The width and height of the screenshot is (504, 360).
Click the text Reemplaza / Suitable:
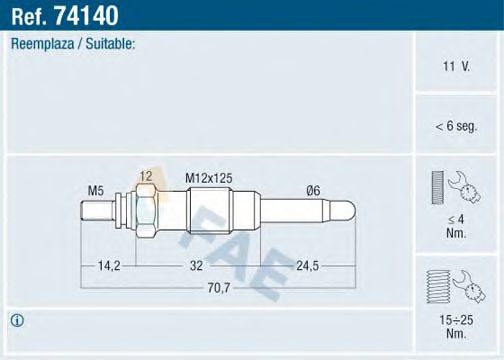pos(72,44)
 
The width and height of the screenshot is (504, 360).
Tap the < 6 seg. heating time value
pos(457,127)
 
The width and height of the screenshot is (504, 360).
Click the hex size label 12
pos(146,176)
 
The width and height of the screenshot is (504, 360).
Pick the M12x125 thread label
pos(209,177)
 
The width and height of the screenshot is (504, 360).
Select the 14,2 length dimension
pos(110,266)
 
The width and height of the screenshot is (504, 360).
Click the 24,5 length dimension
pos(307,266)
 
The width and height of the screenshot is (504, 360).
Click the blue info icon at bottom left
pos(17,320)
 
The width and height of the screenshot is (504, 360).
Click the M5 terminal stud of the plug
pos(98,212)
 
